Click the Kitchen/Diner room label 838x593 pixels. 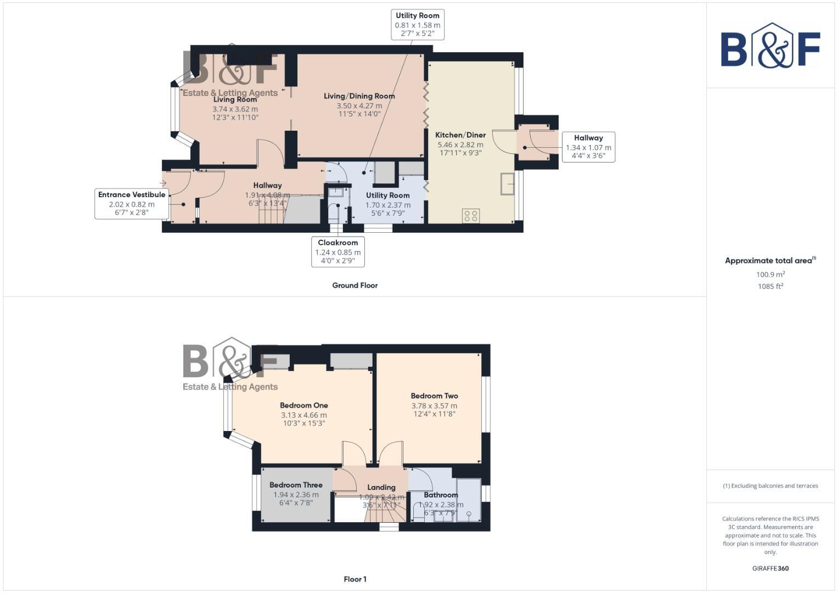click(460, 135)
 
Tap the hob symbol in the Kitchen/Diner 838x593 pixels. click(471, 216)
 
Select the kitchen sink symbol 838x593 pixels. click(507, 184)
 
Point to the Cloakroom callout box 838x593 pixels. click(338, 252)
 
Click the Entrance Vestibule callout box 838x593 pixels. click(132, 204)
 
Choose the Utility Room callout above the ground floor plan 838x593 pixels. click(418, 25)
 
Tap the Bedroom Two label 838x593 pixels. click(434, 396)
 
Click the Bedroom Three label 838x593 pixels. click(296, 485)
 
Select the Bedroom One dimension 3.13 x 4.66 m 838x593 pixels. click(303, 415)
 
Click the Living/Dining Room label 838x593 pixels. click(359, 96)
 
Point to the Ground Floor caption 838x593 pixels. click(355, 286)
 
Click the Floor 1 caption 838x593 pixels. click(355, 579)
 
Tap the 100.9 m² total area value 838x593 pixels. click(770, 275)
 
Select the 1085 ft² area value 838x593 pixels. click(770, 286)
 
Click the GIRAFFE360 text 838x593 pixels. click(770, 568)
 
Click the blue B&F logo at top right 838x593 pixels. click(770, 47)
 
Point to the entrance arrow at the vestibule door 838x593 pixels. click(163, 183)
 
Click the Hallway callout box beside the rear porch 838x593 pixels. click(588, 147)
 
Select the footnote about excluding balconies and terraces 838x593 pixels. click(770, 486)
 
